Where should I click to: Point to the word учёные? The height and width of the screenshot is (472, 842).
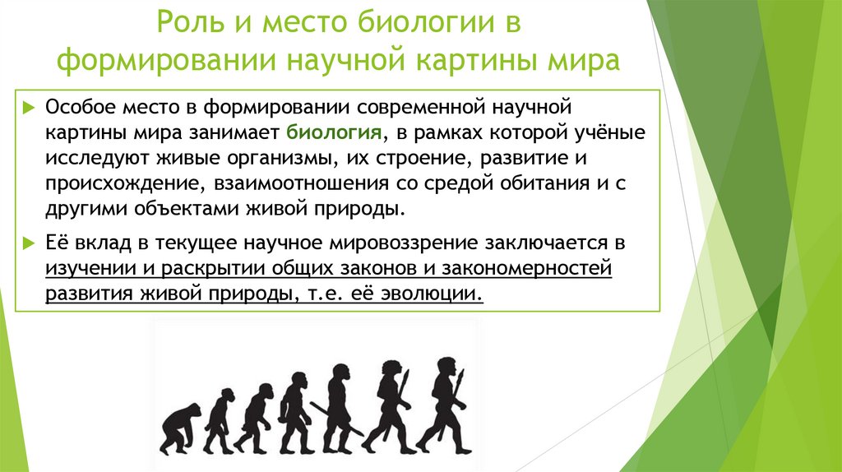(x=606, y=132)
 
